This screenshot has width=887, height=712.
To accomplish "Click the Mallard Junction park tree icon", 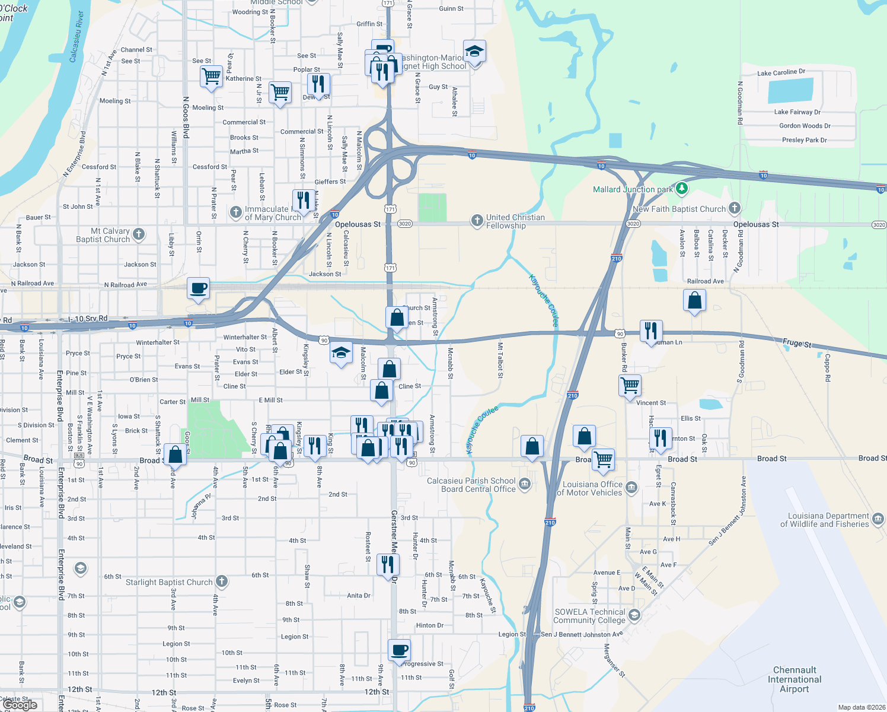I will point(682,189).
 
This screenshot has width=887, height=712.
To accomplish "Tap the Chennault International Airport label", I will point(795,679).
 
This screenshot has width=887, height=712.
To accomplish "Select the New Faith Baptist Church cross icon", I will point(735,208).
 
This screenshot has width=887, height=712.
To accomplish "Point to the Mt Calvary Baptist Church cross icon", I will point(139,234).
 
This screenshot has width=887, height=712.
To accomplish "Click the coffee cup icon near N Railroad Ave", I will point(198,288).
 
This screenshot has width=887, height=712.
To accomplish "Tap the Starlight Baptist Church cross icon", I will point(221,581).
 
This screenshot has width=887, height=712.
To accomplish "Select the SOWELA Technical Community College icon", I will point(634,615).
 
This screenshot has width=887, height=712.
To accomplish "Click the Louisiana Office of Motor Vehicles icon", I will point(631,488).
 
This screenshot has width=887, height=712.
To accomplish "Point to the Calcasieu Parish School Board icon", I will point(525,484).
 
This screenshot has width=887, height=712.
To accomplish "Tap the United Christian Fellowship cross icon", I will point(477,221).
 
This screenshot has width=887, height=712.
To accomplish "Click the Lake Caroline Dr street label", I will point(781,72).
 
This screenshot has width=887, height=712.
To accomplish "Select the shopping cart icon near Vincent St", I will point(630,385).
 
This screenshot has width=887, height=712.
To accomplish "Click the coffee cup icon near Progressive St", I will point(399,649).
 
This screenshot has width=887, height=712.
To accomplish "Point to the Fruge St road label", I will point(797,343).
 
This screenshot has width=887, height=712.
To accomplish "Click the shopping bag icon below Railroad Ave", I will point(694,300).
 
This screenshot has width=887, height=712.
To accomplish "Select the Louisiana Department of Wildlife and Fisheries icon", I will point(878,519).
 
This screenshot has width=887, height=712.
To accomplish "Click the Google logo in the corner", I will point(20,705).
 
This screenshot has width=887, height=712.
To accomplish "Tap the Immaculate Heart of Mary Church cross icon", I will point(236,212).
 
